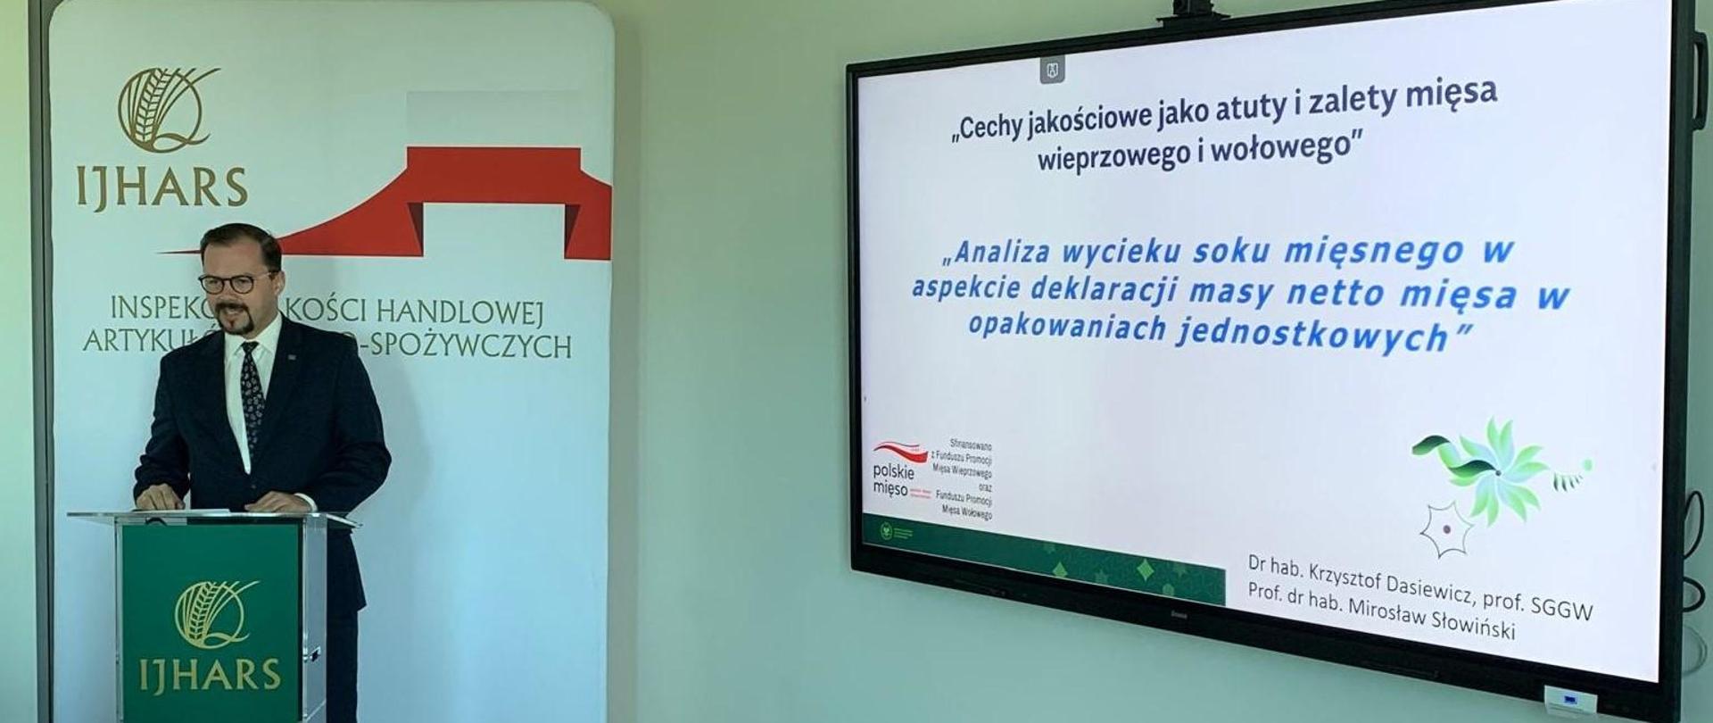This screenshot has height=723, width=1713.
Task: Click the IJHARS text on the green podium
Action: (x=210, y=676)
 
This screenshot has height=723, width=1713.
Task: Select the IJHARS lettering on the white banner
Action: (x=161, y=187)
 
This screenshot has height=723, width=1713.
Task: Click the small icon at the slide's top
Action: (x=1052, y=71)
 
